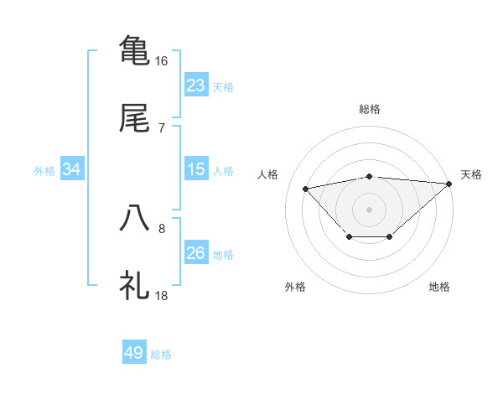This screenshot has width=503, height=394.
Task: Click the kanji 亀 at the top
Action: click(135, 49)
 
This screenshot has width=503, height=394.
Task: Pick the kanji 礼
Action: click(135, 286)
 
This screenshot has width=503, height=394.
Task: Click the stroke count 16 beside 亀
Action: click(162, 61)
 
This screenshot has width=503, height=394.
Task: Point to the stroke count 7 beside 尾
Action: click(162, 127)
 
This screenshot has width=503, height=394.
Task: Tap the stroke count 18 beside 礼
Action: click(162, 296)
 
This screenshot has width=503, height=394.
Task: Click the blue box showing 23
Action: click(196, 86)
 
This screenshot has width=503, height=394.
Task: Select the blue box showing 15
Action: click(196, 169)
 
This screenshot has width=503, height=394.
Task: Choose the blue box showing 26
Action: click(196, 253)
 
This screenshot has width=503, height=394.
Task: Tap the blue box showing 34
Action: click(72, 169)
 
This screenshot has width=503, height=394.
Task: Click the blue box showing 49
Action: click(134, 353)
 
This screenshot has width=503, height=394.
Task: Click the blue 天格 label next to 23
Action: click(223, 87)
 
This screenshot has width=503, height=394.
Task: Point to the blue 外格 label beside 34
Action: click(44, 171)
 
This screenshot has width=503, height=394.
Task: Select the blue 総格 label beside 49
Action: click(161, 355)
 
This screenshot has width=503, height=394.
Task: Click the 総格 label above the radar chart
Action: click(370, 109)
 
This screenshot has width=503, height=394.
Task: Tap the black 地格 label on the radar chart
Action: click(439, 287)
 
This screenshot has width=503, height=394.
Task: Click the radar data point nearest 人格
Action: click(305, 188)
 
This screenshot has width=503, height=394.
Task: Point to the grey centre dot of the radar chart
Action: click(370, 209)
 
